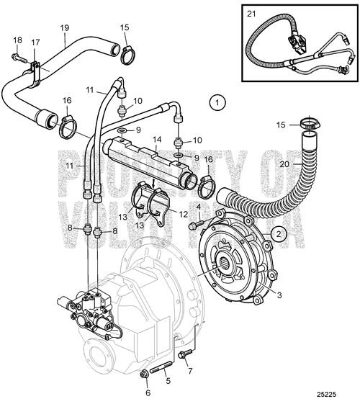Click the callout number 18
(x=17, y=40)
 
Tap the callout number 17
(x=35, y=43)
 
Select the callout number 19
(x=65, y=29)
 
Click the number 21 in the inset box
(x=251, y=13)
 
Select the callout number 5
(x=167, y=380)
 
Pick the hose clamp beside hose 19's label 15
(x=128, y=53)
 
